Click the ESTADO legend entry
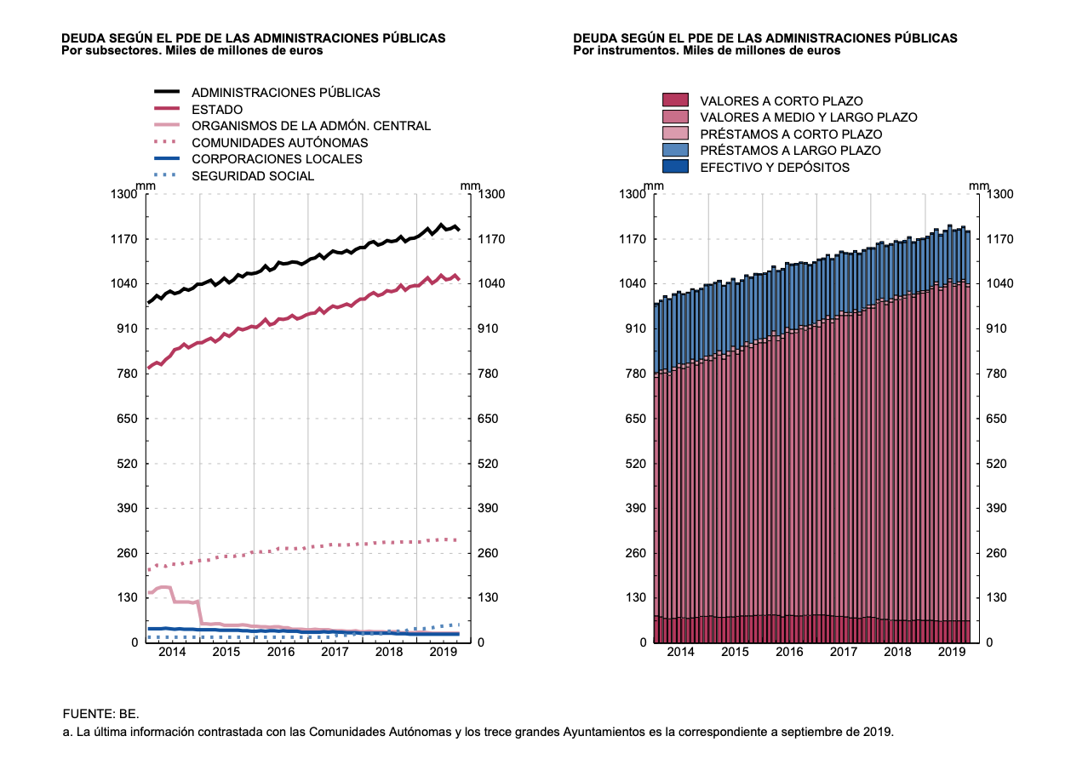216,109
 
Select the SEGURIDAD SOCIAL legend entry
253,176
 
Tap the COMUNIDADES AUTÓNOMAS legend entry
279,142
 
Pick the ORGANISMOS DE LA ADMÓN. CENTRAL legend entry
311,126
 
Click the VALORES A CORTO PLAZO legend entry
781,101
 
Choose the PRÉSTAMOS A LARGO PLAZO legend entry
790,151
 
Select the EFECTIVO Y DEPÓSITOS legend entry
775,168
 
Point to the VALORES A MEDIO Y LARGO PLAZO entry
808,117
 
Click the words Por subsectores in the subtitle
106,50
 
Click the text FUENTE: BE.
100,713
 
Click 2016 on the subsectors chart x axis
281,652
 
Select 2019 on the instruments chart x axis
952,652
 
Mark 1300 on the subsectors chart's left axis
123,195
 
